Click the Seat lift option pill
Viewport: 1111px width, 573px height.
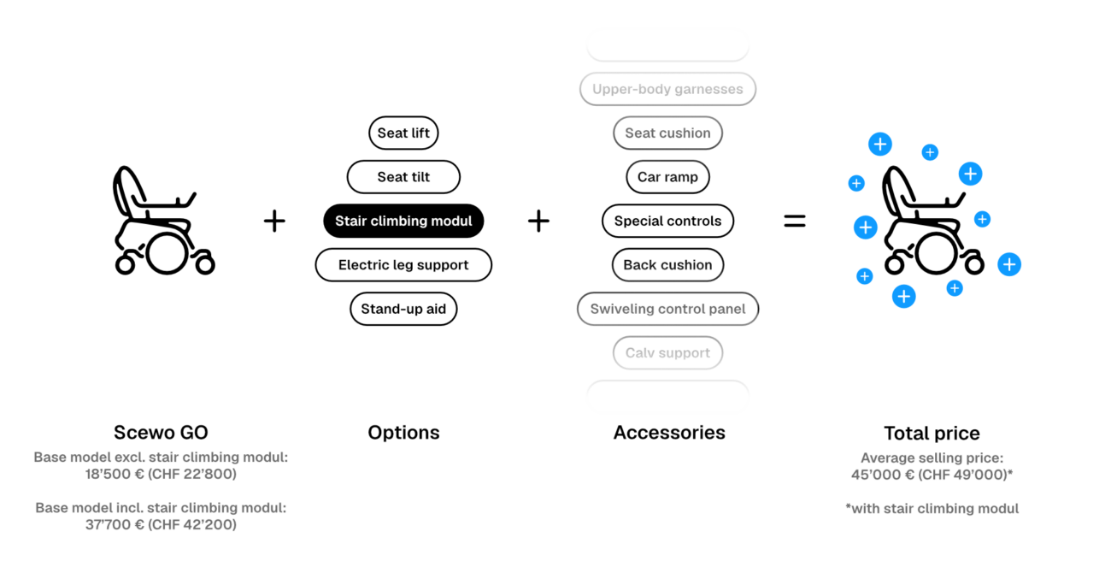[x=403, y=133]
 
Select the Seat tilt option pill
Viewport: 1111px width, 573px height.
[x=403, y=177]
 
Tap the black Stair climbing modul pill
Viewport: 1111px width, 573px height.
[x=403, y=221]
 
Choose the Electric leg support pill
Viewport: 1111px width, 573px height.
[x=403, y=264]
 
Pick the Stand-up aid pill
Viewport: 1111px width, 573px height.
[x=403, y=309]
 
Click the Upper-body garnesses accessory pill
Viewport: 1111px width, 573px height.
[x=667, y=89]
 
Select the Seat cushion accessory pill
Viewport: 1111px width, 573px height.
[x=667, y=133]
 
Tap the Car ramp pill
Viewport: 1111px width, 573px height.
[x=667, y=177]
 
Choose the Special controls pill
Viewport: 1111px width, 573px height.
[x=667, y=221]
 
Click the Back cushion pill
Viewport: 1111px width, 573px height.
[x=667, y=264]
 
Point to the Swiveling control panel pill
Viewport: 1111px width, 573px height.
[x=667, y=309]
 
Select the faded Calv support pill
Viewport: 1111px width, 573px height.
[x=667, y=352]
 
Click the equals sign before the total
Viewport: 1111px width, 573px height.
[x=795, y=221]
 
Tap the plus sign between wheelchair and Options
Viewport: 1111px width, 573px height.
[x=274, y=221]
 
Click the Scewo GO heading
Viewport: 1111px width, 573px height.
[x=161, y=433]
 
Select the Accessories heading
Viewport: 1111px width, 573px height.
[x=669, y=433]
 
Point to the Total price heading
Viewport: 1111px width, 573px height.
[x=932, y=434]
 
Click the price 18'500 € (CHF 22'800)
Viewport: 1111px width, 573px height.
[x=161, y=474]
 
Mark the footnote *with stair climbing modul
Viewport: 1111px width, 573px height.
[x=932, y=509]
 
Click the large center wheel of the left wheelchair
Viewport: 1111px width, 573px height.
[x=167, y=253]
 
